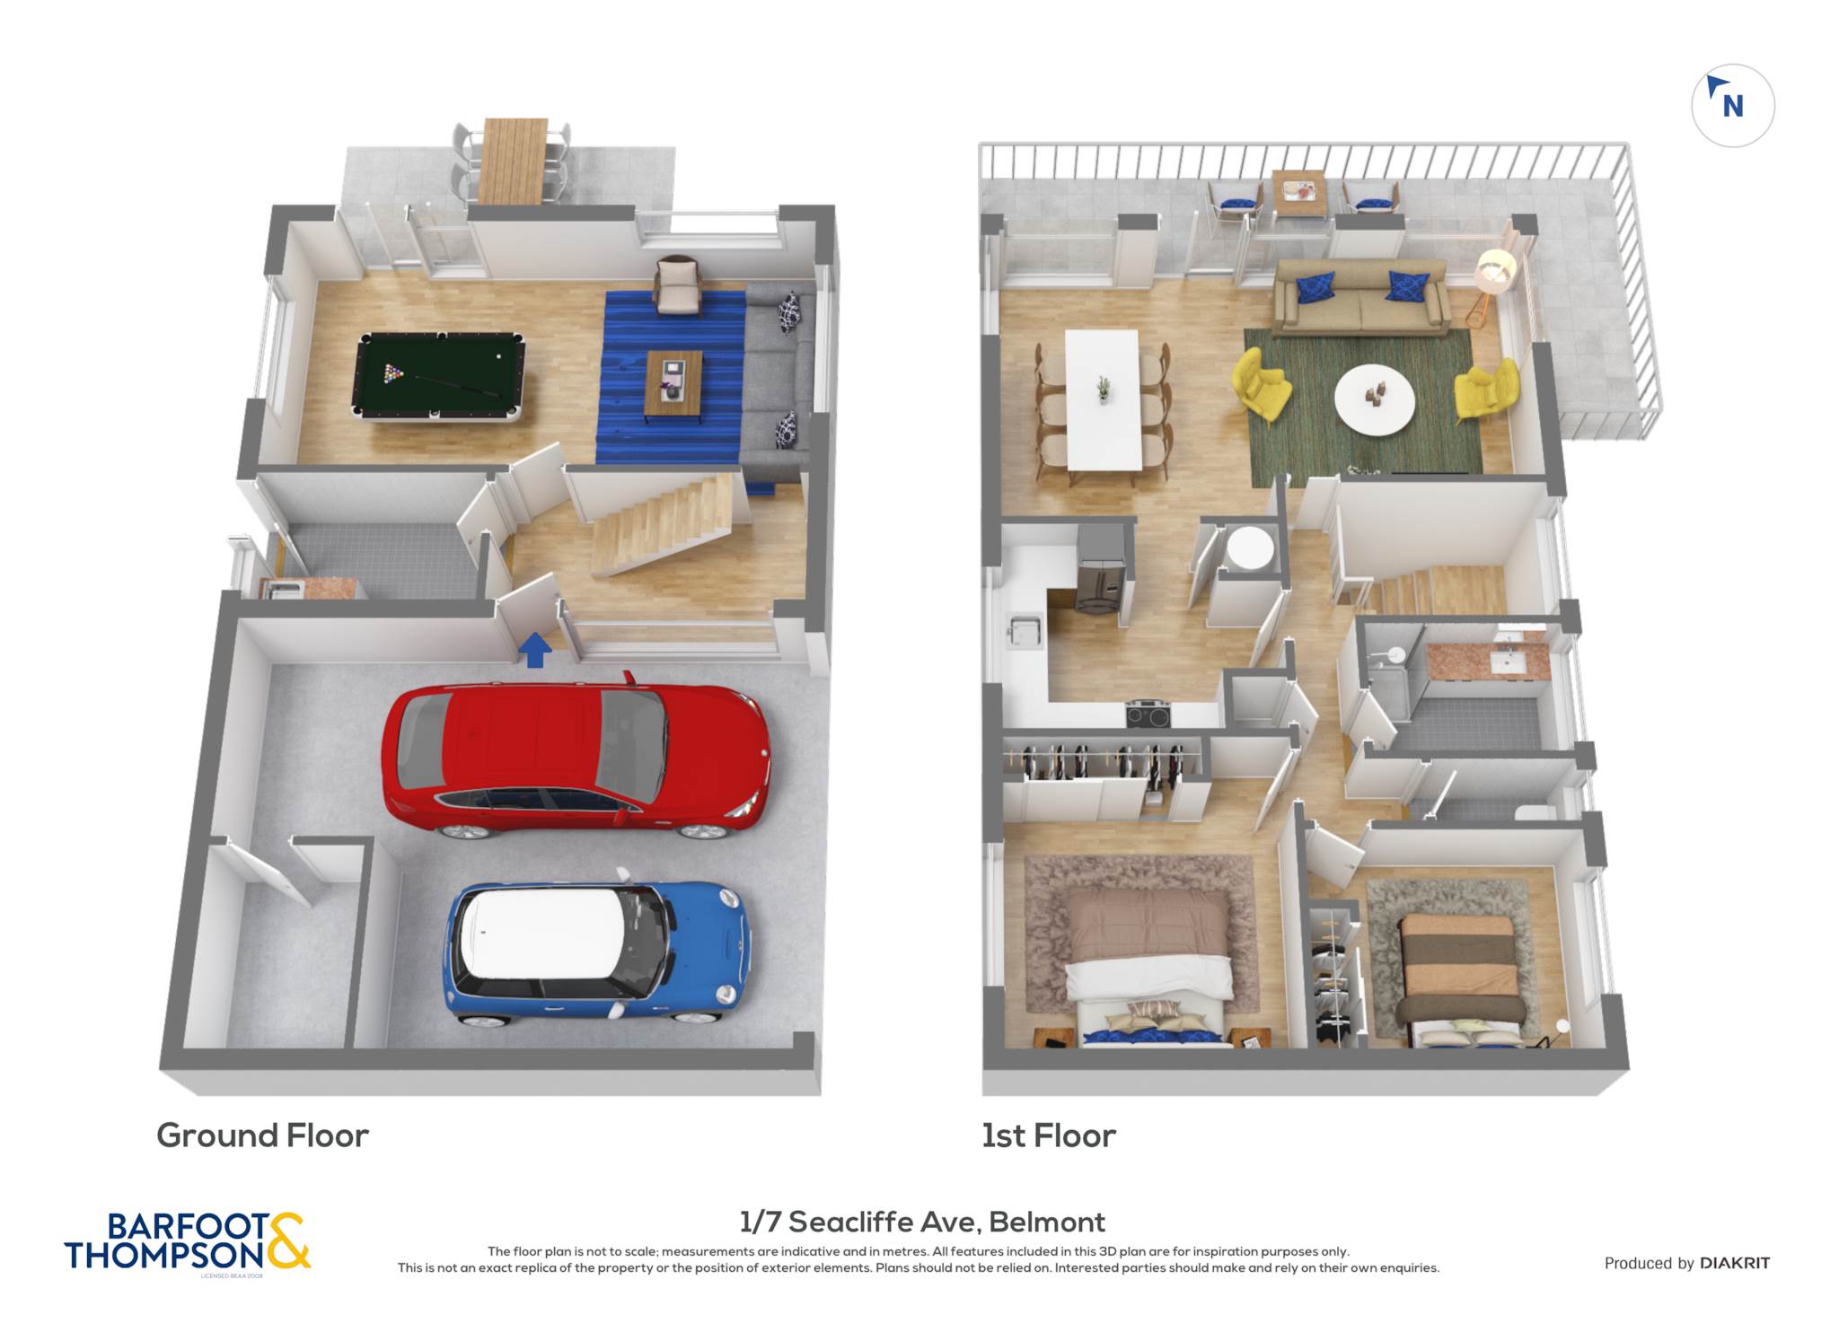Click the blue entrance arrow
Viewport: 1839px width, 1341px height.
click(x=535, y=650)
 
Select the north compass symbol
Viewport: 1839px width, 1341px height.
click(x=1732, y=105)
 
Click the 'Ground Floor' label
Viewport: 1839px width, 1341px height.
click(x=262, y=1135)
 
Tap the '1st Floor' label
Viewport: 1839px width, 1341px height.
click(x=1048, y=1135)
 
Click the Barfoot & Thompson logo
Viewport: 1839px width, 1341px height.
click(x=188, y=1242)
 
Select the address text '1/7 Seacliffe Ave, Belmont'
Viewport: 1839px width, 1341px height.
click(x=922, y=1222)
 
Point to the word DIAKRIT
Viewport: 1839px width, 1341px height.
click(x=1735, y=1263)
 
